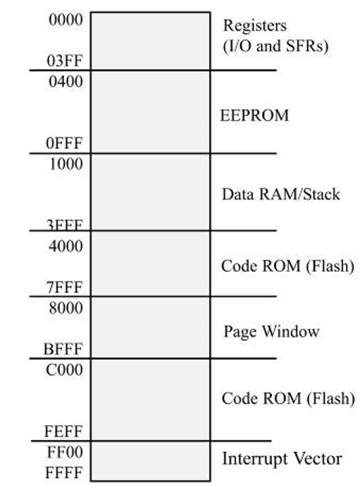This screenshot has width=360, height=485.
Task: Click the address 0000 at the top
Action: tap(65, 20)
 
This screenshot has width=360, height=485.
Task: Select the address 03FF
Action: tap(65, 61)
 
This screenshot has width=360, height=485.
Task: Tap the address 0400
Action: tap(65, 81)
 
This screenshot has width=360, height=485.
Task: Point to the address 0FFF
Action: tap(65, 144)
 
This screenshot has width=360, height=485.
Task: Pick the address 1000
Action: tap(65, 164)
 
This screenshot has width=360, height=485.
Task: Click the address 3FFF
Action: tap(65, 226)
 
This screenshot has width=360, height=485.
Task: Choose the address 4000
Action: tap(65, 246)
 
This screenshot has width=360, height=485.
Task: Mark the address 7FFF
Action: tap(65, 287)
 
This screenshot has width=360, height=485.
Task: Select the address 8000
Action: tap(65, 308)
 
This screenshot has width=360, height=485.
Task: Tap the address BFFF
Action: tap(65, 349)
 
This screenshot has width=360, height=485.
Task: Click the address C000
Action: tap(65, 370)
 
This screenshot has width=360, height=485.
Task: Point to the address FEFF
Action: tap(65, 431)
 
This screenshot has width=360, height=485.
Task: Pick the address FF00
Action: tap(65, 451)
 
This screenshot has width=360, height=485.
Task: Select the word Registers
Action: tap(255, 27)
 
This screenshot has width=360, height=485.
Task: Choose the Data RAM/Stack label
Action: tap(280, 194)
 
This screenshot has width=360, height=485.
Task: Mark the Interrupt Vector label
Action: tap(282, 460)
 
